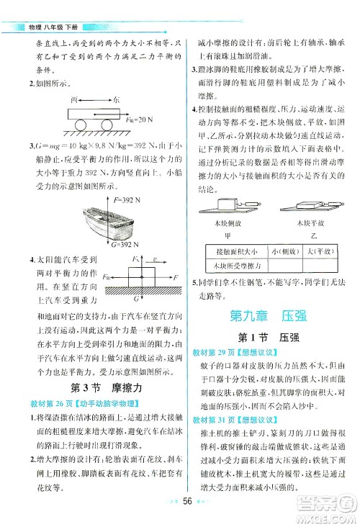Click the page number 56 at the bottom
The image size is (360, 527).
(x=189, y=504)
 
